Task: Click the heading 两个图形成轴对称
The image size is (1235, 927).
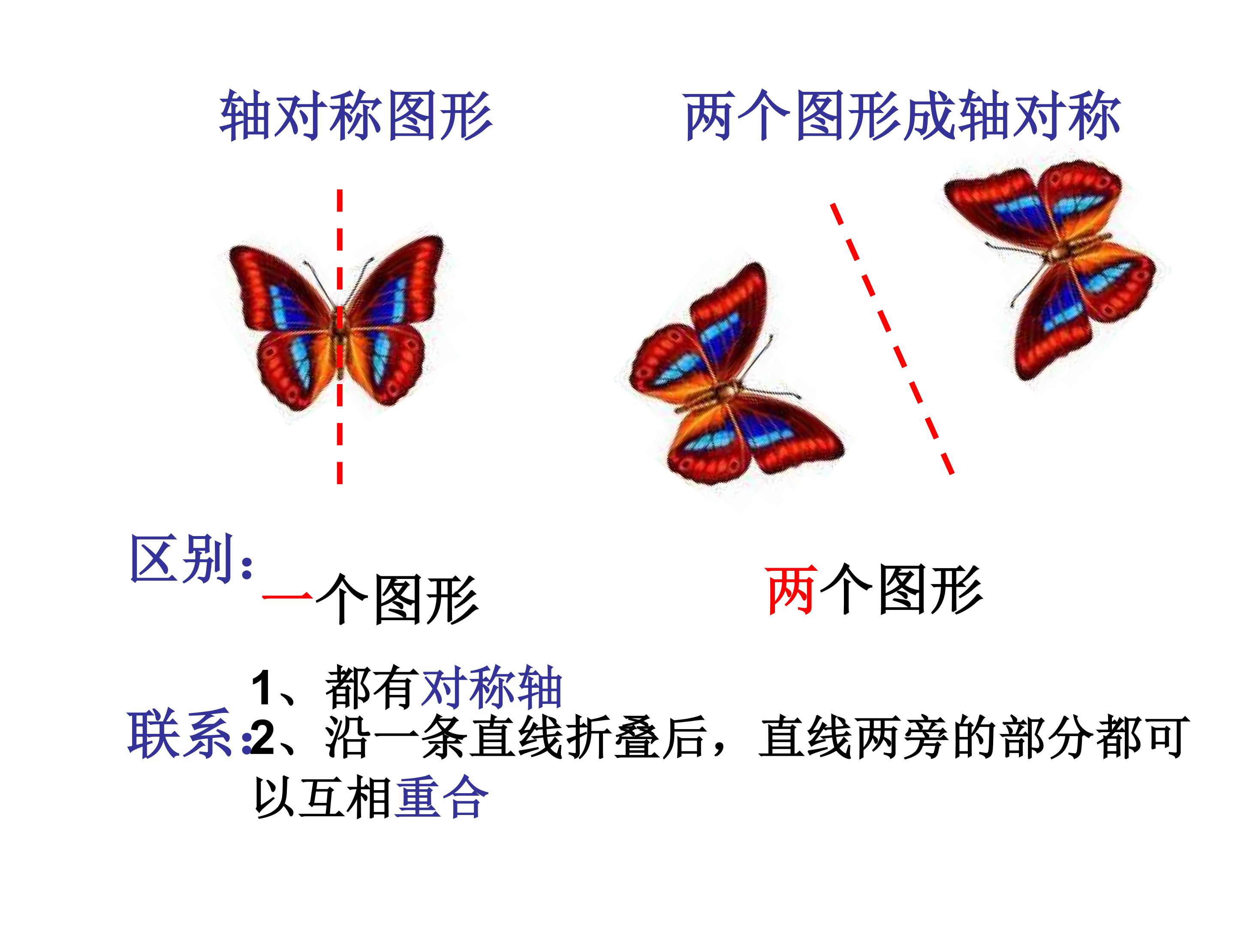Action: coord(902,116)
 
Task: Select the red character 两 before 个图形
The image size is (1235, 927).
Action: coord(792,590)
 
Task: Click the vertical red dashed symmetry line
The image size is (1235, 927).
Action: coord(340,336)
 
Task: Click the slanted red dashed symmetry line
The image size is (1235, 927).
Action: coord(892,339)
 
